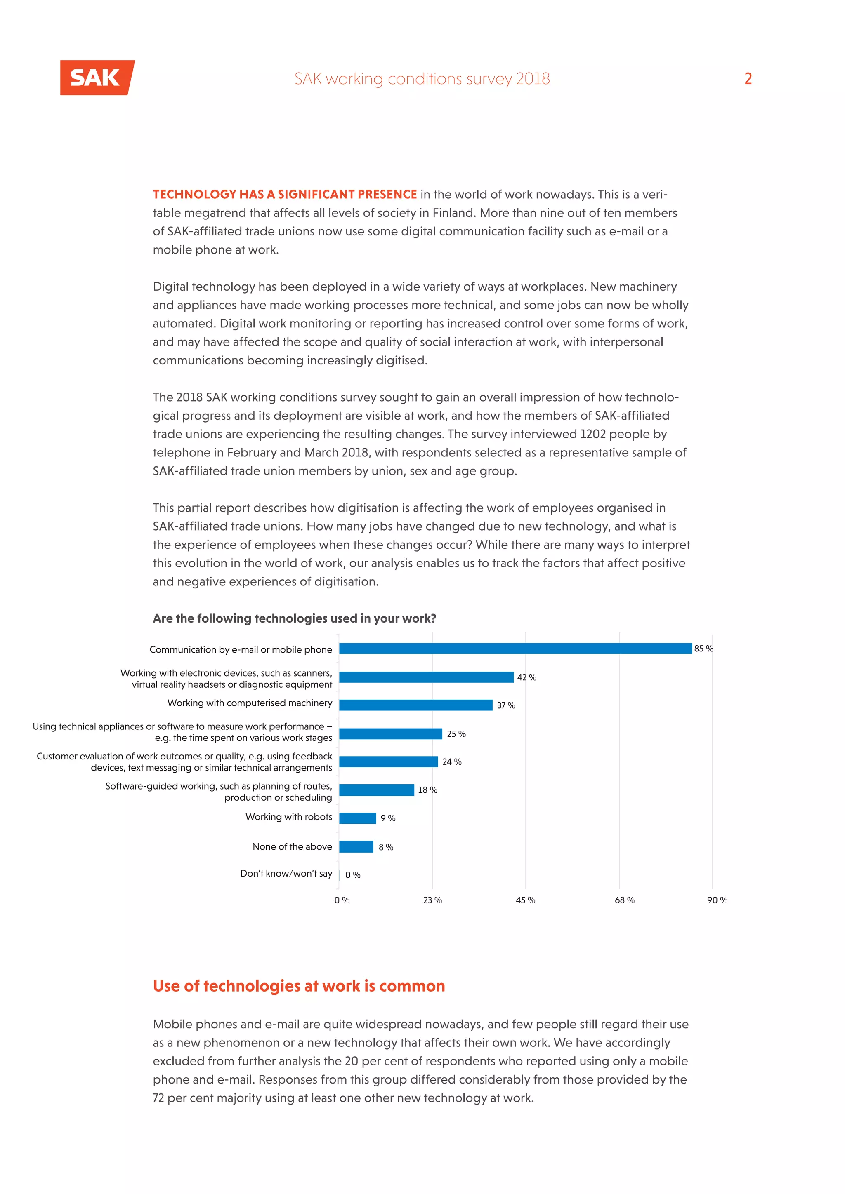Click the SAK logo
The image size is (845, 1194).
pos(97,78)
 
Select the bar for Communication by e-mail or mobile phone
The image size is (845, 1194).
pos(515,649)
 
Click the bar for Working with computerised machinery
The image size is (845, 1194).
pos(416,705)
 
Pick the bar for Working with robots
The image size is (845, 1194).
pos(357,818)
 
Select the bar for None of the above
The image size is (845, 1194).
pos(356,846)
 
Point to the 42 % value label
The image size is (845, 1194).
pos(526,677)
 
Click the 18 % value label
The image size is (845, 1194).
pos(427,790)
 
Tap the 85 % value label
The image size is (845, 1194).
pos(703,649)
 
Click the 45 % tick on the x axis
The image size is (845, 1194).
pos(526,900)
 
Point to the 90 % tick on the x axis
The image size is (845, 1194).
pos(717,900)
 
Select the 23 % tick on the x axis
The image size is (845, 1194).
pos(432,900)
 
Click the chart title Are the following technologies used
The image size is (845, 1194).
pos(295,618)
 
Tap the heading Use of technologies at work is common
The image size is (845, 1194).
pos(299,986)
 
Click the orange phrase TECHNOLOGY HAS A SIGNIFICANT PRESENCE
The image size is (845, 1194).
pos(285,195)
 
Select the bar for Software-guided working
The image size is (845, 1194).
pos(377,790)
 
